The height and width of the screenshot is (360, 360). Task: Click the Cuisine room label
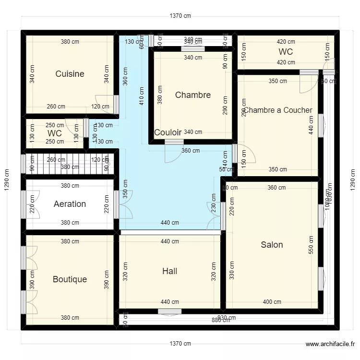tap(70, 74)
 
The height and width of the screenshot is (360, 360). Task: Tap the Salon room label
tap(272, 245)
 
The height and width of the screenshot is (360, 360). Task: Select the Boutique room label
tap(70, 279)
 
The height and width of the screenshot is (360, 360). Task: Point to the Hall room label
tap(169, 271)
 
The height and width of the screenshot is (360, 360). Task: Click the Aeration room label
tap(70, 204)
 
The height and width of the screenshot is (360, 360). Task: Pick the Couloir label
tap(168, 132)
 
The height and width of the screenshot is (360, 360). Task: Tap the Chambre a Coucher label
tap(278, 110)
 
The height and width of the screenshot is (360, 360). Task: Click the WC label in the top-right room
tap(286, 52)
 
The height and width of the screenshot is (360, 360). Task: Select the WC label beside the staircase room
tap(55, 133)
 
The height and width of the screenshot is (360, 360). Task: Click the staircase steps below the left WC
tap(67, 164)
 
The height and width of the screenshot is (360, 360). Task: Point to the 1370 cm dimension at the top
tap(180, 16)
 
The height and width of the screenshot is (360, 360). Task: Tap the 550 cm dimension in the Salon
tap(312, 245)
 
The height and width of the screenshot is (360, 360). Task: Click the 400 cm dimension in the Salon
tap(272, 302)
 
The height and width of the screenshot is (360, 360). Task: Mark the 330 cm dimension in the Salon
tap(232, 270)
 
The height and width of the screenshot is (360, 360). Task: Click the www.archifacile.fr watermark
tap(331, 344)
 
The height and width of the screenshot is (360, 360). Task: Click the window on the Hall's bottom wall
tap(170, 312)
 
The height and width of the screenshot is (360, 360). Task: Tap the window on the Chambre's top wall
tap(192, 48)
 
